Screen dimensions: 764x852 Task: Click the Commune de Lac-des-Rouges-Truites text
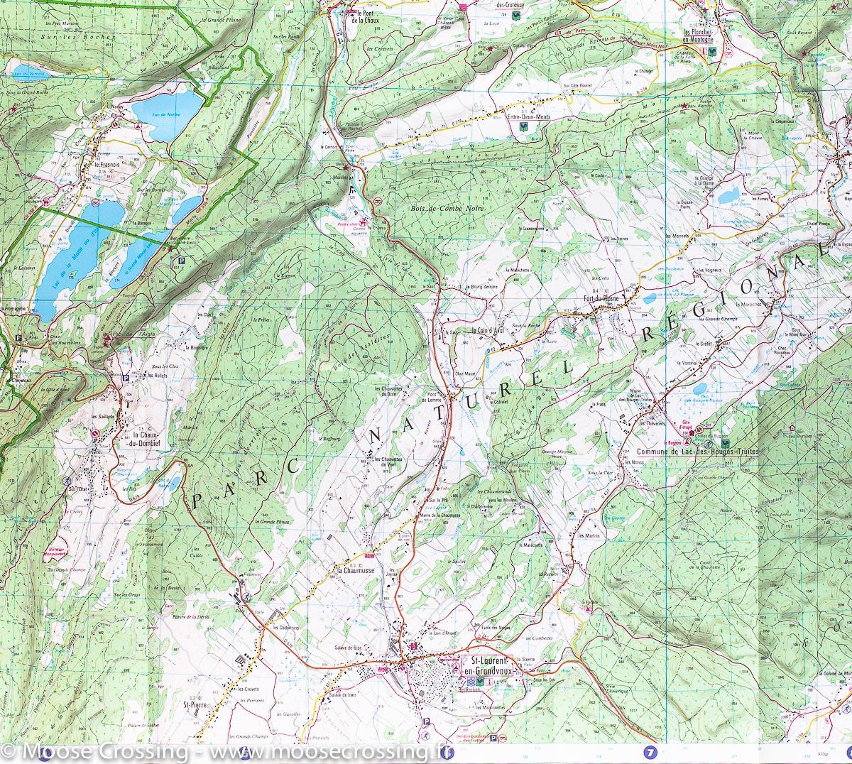click(x=697, y=452)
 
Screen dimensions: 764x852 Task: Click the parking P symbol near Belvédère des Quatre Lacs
click(x=181, y=261)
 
